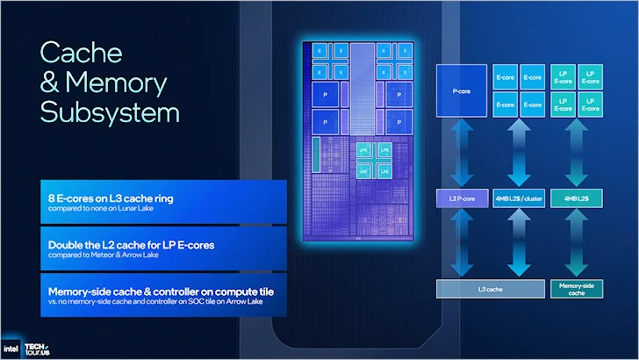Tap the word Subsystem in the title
[109, 112]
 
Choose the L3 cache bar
[487, 287]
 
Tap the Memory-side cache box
[574, 287]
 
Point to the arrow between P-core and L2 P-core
[457, 152]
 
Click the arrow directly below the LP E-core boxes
[574, 152]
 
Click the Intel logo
[15, 345]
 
